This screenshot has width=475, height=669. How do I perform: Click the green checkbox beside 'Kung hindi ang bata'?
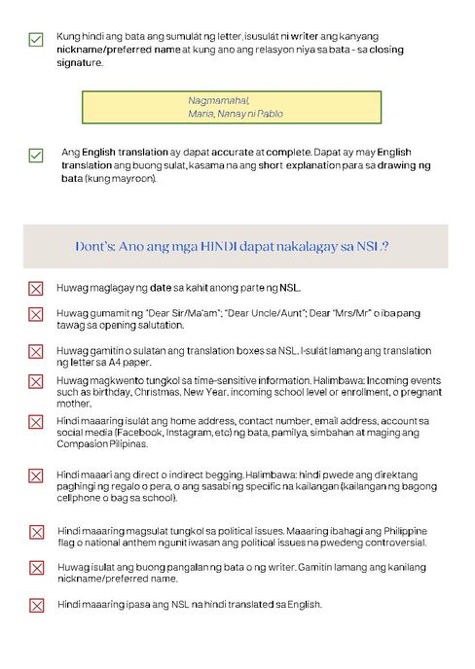click(36, 39)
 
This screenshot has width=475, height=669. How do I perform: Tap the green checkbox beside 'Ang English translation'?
click(36, 155)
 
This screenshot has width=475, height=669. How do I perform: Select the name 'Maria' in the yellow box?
click(201, 114)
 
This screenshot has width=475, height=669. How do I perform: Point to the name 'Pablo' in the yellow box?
click(270, 114)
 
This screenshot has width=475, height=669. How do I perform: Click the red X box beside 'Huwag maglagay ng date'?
click(36, 289)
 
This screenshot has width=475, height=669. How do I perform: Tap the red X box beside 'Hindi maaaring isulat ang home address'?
click(36, 421)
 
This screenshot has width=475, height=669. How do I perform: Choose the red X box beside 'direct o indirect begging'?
click(36, 475)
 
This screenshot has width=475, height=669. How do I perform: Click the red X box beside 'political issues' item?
click(36, 532)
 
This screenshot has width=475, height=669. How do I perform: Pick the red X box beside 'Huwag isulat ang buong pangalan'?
click(36, 568)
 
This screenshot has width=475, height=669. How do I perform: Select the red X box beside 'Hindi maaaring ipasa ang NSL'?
click(36, 605)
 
